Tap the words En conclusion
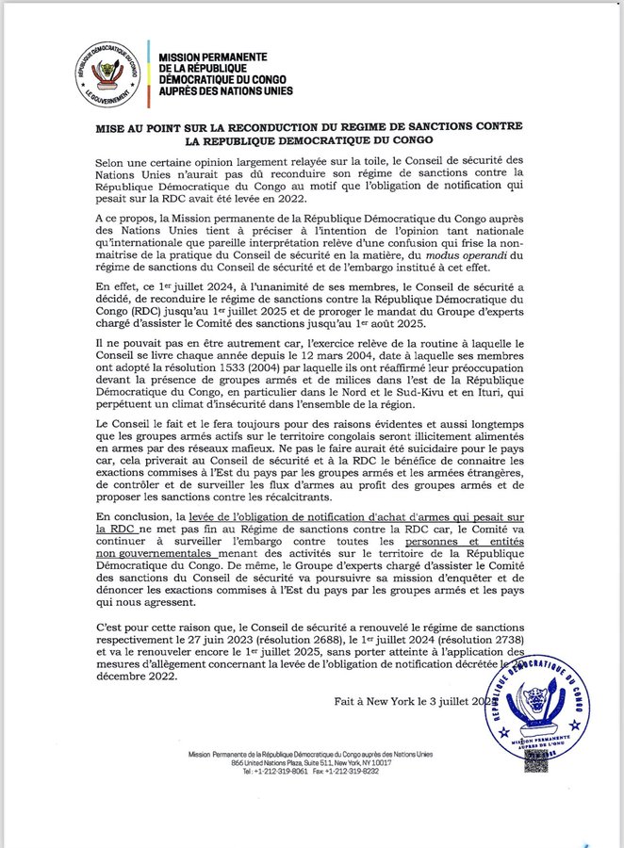point(141,517)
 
